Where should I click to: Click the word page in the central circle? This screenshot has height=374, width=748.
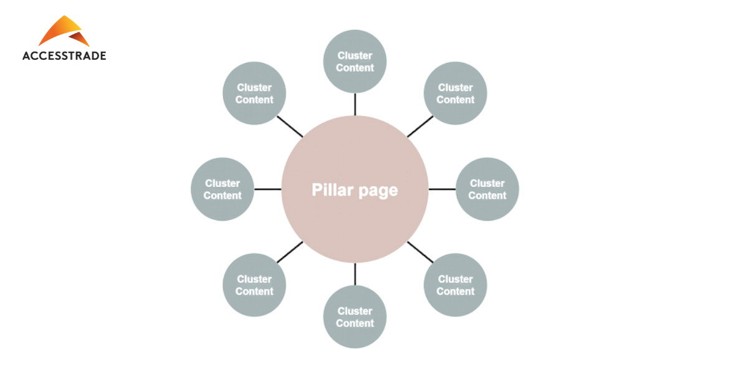[378, 191]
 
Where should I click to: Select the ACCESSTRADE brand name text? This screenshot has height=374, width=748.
[64, 55]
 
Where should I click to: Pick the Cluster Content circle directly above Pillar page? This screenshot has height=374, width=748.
[355, 61]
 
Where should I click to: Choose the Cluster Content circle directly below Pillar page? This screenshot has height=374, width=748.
[355, 317]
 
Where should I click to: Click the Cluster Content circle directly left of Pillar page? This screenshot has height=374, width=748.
[223, 189]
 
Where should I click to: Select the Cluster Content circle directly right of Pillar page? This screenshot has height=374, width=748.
[487, 189]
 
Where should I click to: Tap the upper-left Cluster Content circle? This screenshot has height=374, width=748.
[254, 93]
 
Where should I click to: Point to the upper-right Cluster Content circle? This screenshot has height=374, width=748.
[455, 93]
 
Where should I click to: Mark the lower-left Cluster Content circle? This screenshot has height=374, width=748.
[254, 285]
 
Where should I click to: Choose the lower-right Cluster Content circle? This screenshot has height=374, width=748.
[455, 285]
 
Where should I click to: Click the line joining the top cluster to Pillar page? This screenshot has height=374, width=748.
[355, 104]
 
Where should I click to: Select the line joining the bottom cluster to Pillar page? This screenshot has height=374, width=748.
[355, 274]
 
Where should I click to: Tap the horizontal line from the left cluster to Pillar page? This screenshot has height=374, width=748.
[268, 189]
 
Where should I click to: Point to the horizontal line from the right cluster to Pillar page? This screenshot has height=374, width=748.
[442, 189]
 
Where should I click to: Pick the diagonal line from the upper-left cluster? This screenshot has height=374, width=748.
[290, 127]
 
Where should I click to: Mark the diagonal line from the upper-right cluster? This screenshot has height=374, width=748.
[420, 127]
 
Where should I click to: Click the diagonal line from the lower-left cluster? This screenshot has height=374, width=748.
[290, 252]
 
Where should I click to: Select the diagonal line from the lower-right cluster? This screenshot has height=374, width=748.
[420, 252]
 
